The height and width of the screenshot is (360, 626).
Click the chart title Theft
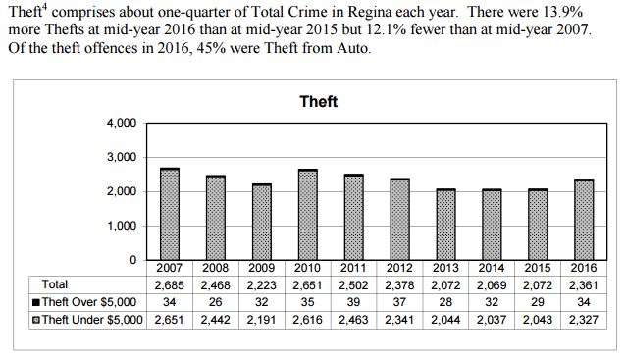(x=318, y=101)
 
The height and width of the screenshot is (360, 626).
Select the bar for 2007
(x=170, y=214)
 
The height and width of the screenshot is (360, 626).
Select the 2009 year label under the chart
(x=261, y=268)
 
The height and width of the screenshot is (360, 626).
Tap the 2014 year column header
(x=491, y=268)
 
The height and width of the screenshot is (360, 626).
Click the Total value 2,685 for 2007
(x=169, y=284)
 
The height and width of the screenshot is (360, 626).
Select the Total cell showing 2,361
(x=584, y=284)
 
